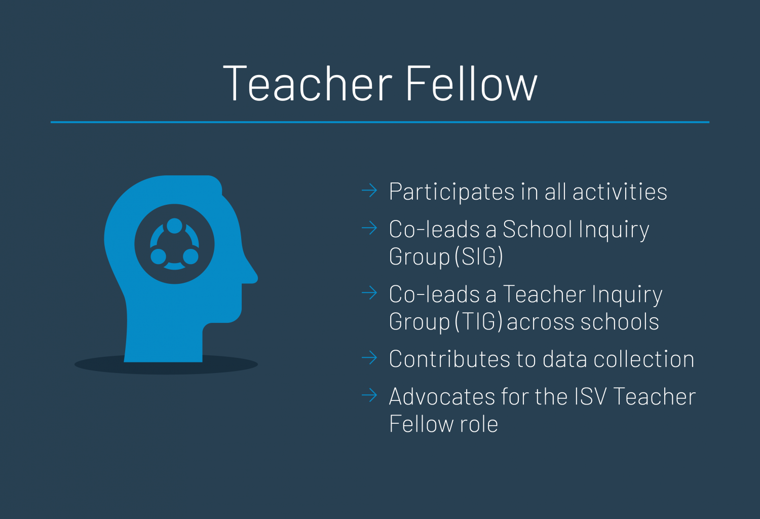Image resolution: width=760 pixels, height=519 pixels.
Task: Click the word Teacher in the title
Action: (308, 84)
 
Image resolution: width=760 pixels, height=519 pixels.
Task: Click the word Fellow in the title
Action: (472, 84)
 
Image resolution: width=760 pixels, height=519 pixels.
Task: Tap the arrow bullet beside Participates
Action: (369, 191)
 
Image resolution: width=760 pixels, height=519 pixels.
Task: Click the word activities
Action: (620, 192)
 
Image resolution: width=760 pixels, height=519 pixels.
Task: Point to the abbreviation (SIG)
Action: (479, 256)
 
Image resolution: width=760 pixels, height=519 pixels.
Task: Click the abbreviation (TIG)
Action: (479, 321)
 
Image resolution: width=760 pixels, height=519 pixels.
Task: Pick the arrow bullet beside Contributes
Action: (369, 357)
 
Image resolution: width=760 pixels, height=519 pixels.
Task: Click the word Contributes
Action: (450, 359)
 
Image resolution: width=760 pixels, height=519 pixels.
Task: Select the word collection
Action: (644, 359)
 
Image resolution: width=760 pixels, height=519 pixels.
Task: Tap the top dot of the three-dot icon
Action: (174, 226)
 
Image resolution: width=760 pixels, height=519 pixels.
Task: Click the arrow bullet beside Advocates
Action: (369, 395)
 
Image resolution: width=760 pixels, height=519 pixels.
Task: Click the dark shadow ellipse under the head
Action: (231, 364)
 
